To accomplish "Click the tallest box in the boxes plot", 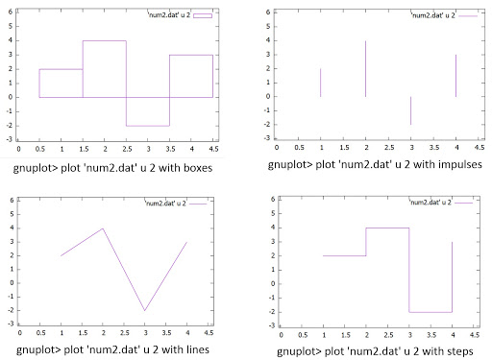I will coord(104,68).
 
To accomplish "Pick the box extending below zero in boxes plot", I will coord(148,111).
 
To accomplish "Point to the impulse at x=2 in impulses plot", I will coord(365,68).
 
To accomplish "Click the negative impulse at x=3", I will coord(410,110).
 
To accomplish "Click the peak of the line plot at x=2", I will coord(103,228).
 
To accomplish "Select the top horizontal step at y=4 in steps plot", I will coord(387,228).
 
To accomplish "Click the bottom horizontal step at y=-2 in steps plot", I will coord(430,312).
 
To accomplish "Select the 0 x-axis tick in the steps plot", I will coord(282,336).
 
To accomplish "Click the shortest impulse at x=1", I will coord(321,83).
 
